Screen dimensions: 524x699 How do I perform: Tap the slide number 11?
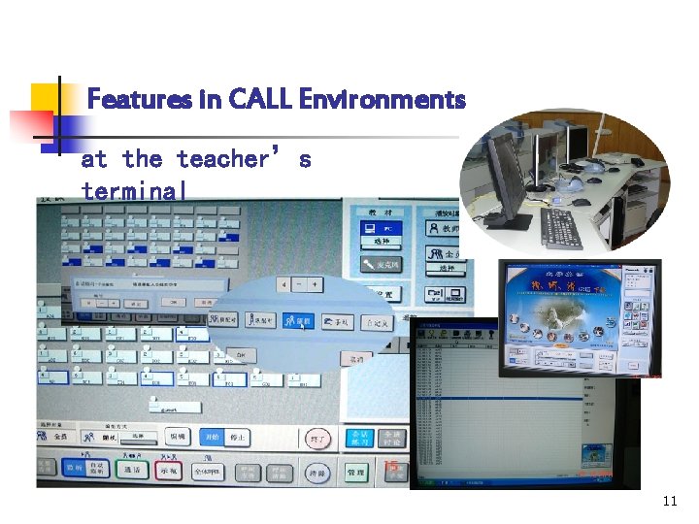tap(669, 502)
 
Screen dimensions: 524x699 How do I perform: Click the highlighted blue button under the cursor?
tap(296, 321)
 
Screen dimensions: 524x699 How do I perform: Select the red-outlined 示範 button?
tap(169, 471)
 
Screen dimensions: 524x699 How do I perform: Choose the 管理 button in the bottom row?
tap(355, 473)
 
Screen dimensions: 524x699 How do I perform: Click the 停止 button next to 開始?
tap(236, 438)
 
